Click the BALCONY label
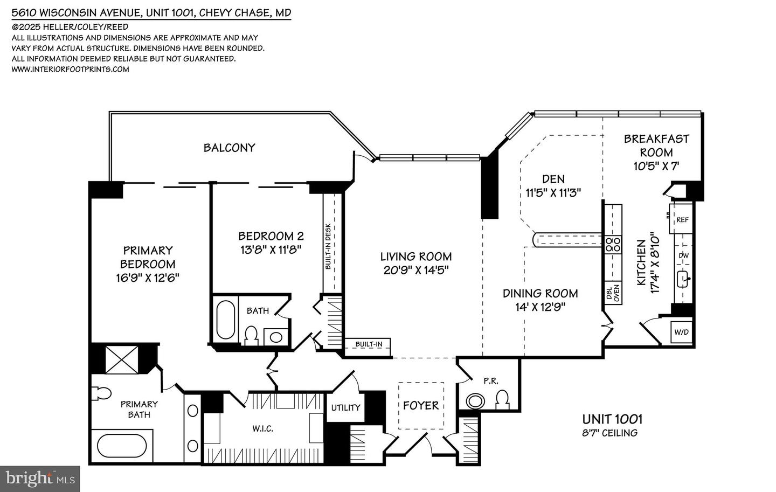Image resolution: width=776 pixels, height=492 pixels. point(229,148)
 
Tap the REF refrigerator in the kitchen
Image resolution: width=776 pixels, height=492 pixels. point(681,219)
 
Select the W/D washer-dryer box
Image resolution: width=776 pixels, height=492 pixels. point(681,332)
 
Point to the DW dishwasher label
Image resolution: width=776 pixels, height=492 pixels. point(683,256)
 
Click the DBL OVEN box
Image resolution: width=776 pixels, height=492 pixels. point(613,293)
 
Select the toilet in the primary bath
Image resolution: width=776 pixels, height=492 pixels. point(101,393)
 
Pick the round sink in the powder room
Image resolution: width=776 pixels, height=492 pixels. point(475,401)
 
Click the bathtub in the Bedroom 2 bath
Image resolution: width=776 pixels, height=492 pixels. point(225,320)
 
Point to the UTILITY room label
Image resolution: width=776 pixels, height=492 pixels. point(345,408)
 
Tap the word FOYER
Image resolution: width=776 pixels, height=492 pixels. point(420,405)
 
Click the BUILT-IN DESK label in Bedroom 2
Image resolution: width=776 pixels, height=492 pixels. point(328,246)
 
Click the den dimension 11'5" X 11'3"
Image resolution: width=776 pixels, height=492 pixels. point(553,192)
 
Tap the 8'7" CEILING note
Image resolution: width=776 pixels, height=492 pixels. point(609,433)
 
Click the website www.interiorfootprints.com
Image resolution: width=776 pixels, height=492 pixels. point(70,70)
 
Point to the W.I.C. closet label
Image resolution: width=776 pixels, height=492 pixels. point(262,429)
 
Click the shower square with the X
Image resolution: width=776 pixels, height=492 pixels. point(122,359)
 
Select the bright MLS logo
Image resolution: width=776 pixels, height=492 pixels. point(40,479)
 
